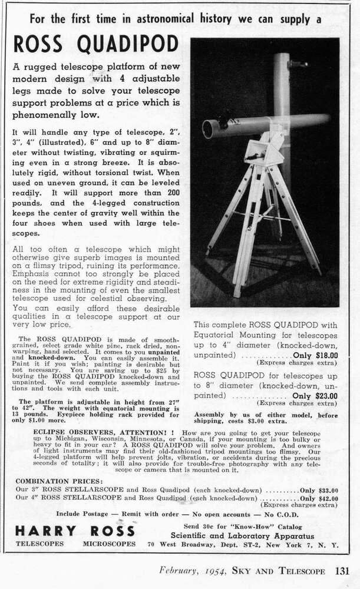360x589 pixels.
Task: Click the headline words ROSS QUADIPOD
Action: pyautogui.click(x=95, y=44)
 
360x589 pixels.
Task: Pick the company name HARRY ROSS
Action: pyautogui.click(x=68, y=530)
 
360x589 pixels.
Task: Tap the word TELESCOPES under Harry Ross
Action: pyautogui.click(x=41, y=545)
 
